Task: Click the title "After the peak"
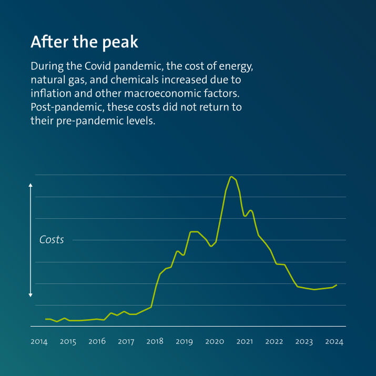[84, 42]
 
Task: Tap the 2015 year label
[68, 342]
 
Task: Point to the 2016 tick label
[97, 342]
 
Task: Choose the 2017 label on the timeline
[126, 342]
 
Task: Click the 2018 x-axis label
[155, 342]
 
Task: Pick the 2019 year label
[184, 342]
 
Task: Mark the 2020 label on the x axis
[215, 342]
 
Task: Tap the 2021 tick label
[245, 342]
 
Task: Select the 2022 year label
[274, 342]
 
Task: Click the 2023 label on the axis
[304, 342]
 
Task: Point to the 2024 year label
[334, 342]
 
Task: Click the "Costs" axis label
[52, 240]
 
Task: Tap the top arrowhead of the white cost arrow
[31, 185]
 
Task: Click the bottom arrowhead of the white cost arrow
[31, 296]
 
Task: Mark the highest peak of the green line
[231, 177]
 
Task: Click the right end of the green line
[337, 284]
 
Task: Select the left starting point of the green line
[46, 319]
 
